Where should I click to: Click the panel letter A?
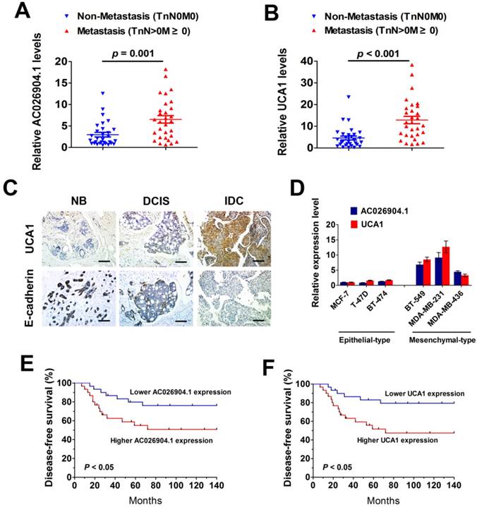pos(12,13)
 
